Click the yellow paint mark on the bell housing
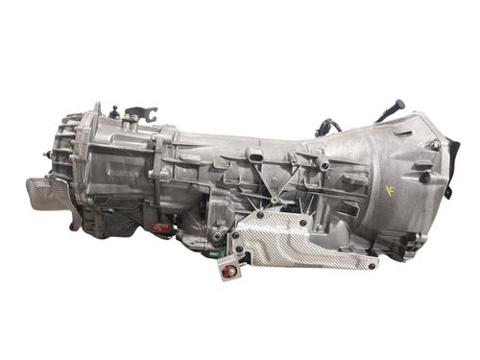(389, 189)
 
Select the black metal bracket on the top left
(138, 114)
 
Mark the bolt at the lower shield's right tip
(372, 261)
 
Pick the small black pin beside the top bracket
(113, 110)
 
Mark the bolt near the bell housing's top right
(434, 145)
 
